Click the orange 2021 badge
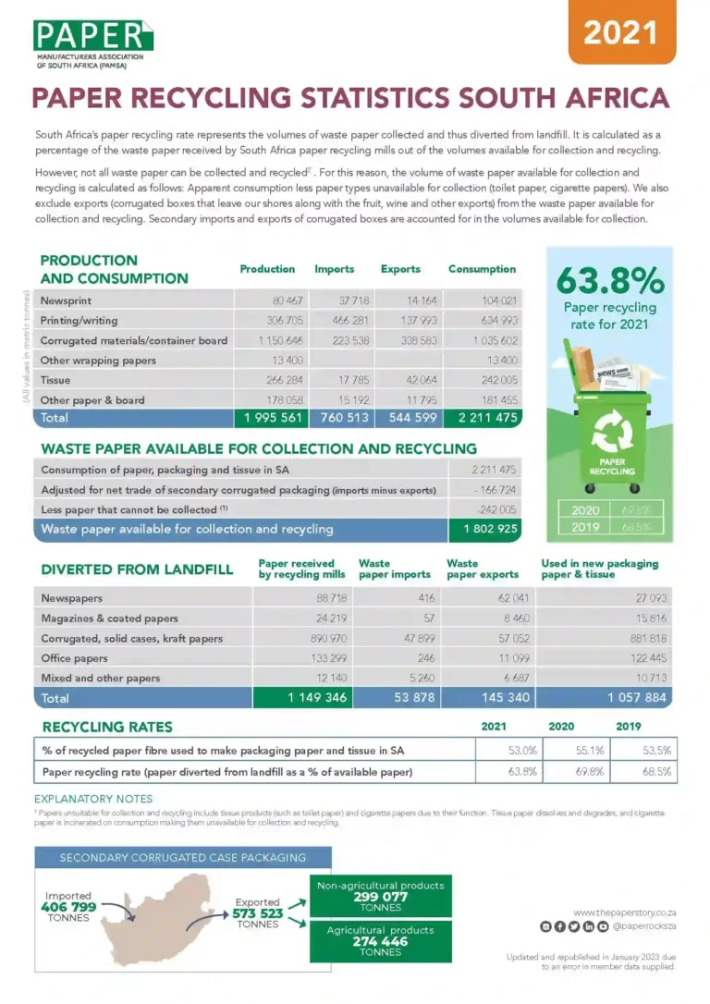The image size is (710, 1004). [619, 32]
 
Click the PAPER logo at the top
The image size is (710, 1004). [91, 36]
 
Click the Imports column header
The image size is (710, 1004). [334, 269]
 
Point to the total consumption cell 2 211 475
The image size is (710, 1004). [482, 419]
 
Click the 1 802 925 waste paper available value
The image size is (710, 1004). [484, 530]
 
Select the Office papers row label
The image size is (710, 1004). [75, 658]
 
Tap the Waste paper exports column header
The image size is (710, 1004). [475, 569]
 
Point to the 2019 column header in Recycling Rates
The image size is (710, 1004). [628, 727]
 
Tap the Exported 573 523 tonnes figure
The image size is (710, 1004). [258, 913]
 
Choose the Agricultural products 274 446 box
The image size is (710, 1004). [381, 940]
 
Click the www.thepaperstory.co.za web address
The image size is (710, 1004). [623, 912]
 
